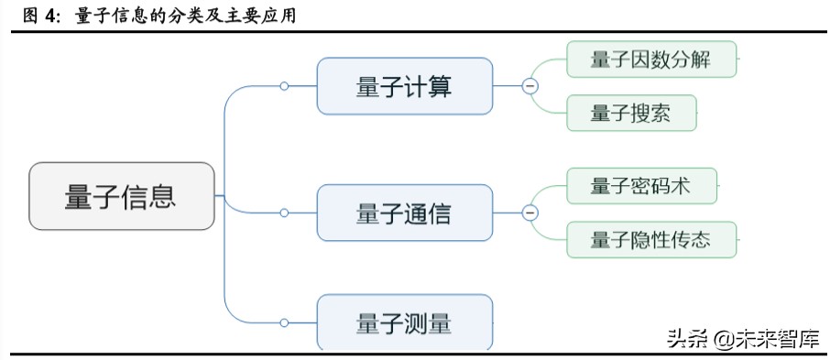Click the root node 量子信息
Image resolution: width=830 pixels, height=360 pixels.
[x=122, y=196]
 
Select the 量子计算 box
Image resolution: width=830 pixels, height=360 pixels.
[x=404, y=86]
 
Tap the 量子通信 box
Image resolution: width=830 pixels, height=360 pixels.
[x=404, y=213]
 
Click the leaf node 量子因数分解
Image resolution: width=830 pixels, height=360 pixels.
[x=650, y=60]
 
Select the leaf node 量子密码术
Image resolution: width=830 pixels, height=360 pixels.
[x=640, y=186]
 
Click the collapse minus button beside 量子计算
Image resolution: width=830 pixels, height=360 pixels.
[x=530, y=86]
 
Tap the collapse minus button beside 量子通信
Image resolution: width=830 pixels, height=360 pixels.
[x=530, y=213]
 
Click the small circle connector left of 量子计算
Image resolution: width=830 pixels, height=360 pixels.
[x=284, y=86]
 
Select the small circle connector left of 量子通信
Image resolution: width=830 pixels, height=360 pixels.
[x=284, y=213]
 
